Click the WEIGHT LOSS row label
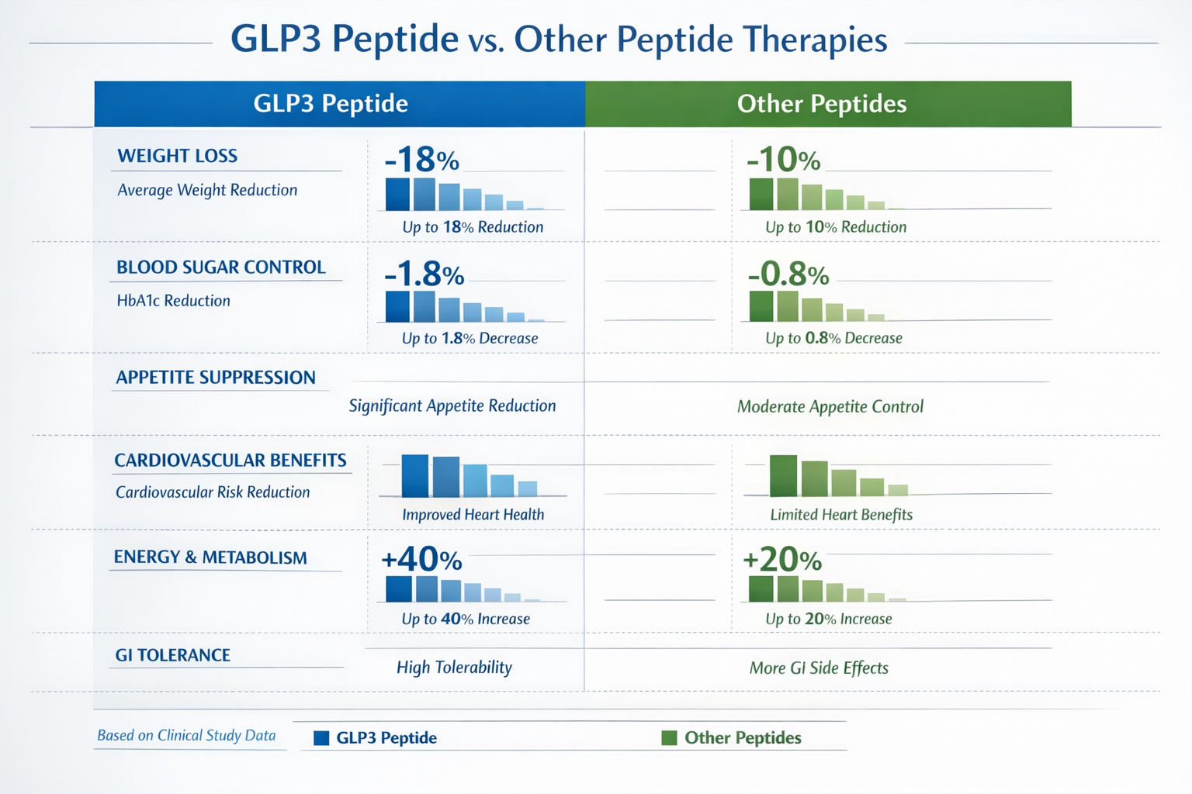(x=178, y=156)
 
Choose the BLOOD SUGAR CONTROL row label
(x=221, y=268)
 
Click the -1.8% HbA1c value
(x=424, y=274)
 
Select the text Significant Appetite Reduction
(x=452, y=406)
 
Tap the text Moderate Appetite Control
(x=830, y=406)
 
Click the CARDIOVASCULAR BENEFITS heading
(x=230, y=461)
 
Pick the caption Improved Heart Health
(x=473, y=515)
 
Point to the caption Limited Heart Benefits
(x=841, y=515)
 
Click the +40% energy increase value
(x=421, y=559)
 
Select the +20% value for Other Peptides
(x=782, y=559)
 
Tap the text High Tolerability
(x=454, y=668)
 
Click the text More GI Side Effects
(x=819, y=668)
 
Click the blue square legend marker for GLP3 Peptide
(x=321, y=738)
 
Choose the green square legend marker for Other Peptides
(x=669, y=737)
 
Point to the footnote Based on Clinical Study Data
(x=186, y=735)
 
